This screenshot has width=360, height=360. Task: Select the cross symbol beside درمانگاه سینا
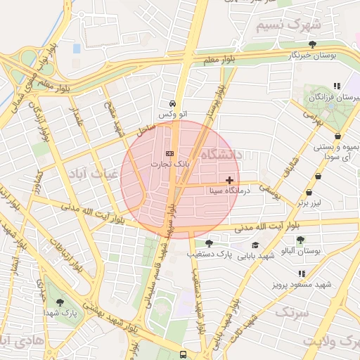click(230, 180)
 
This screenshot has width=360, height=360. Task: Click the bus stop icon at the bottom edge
click(183, 355)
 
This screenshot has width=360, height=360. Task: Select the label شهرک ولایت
click(331, 341)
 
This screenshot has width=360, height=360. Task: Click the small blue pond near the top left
click(76, 49)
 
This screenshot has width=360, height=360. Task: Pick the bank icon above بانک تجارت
click(169, 153)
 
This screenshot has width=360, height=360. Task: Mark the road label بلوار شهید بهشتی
click(112, 316)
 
